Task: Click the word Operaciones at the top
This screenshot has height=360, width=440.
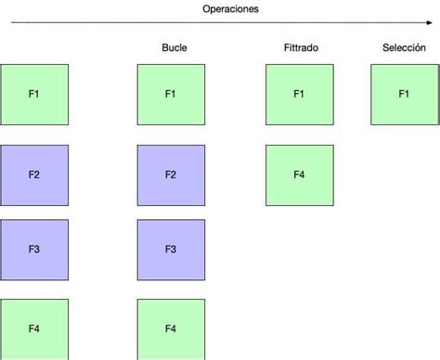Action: tap(231, 8)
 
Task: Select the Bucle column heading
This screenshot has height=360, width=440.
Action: tap(174, 47)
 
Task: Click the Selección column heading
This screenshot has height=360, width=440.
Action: tap(404, 47)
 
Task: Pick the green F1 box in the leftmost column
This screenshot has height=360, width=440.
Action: tap(34, 95)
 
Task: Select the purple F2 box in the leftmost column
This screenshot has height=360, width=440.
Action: tap(34, 174)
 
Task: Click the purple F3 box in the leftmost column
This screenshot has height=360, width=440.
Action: tap(34, 250)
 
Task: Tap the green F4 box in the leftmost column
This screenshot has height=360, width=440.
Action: tap(34, 328)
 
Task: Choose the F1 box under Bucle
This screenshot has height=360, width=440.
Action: tap(171, 95)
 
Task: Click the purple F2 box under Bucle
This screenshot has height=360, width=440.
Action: tap(171, 174)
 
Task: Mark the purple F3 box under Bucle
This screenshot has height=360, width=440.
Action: tap(171, 250)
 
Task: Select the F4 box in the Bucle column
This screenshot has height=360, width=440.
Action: tap(171, 328)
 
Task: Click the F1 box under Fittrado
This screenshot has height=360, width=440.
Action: tap(299, 95)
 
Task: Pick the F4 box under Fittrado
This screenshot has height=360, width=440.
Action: tap(299, 174)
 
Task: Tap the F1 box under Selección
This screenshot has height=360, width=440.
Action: tap(404, 95)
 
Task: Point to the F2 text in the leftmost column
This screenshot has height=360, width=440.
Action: tap(34, 174)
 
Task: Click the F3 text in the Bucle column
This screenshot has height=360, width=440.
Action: tap(171, 250)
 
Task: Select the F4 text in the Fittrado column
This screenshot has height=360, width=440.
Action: tap(299, 174)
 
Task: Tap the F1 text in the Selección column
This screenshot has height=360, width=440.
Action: tap(404, 94)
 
